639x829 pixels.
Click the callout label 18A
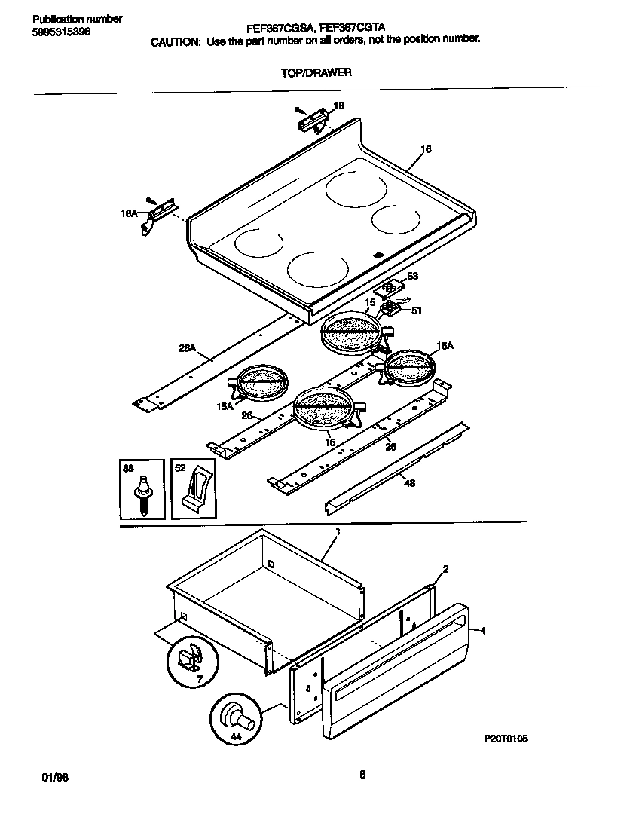(129, 214)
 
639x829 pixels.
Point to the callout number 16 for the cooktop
(426, 149)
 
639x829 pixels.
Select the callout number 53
(411, 277)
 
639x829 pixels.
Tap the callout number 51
(417, 309)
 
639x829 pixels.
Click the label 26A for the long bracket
(186, 347)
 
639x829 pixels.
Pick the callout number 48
(408, 485)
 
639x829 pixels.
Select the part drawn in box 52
(194, 493)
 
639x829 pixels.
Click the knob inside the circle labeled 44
(234, 714)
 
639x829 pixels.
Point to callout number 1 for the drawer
(338, 532)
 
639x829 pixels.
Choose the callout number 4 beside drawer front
(482, 631)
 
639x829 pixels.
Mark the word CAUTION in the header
(176, 43)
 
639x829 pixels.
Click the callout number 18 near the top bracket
(338, 107)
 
